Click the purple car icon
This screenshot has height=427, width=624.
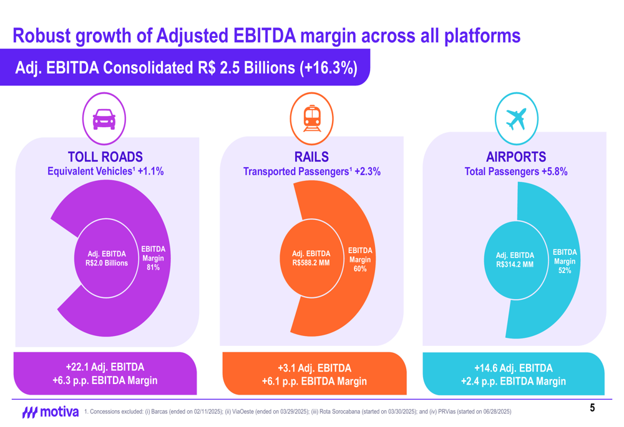tap(104, 118)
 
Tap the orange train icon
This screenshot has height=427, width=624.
tap(312, 118)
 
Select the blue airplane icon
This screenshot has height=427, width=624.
tap(516, 118)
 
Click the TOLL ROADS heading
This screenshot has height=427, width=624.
tap(105, 157)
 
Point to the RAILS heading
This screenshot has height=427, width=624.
tap(311, 157)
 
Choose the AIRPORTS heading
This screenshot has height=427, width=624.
tap(516, 157)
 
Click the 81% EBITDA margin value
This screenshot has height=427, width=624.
tap(153, 267)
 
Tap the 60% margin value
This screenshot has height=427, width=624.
tap(360, 269)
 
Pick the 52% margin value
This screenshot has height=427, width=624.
tap(565, 271)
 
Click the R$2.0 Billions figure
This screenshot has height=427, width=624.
tap(107, 263)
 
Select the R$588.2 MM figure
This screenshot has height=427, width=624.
tap(311, 263)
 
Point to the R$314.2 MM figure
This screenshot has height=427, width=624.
tap(515, 264)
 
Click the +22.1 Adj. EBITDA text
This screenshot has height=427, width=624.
tap(105, 367)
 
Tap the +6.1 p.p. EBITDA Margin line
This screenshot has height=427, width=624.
tap(314, 381)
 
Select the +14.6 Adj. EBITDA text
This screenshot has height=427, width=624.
tap(513, 368)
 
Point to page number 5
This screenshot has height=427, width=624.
tap(592, 408)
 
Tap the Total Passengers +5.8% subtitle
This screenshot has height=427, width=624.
tap(516, 171)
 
